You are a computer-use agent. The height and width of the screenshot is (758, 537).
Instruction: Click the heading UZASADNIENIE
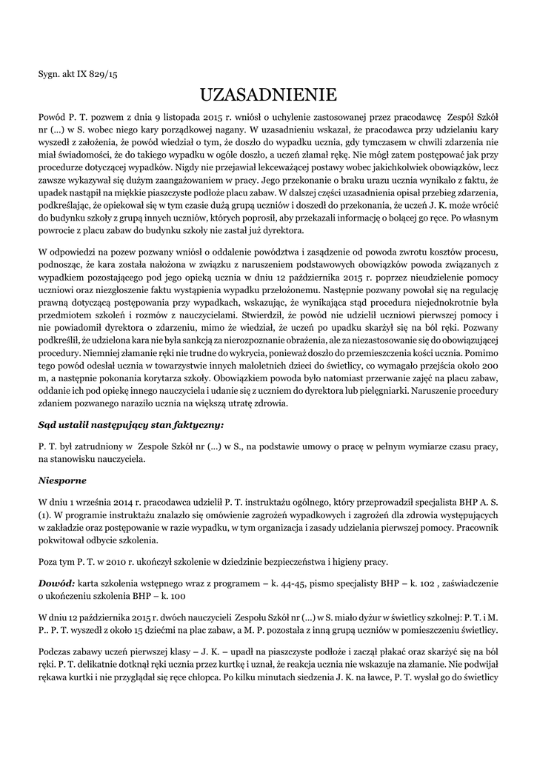(268, 94)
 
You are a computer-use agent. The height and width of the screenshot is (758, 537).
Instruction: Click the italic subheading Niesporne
(61, 480)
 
